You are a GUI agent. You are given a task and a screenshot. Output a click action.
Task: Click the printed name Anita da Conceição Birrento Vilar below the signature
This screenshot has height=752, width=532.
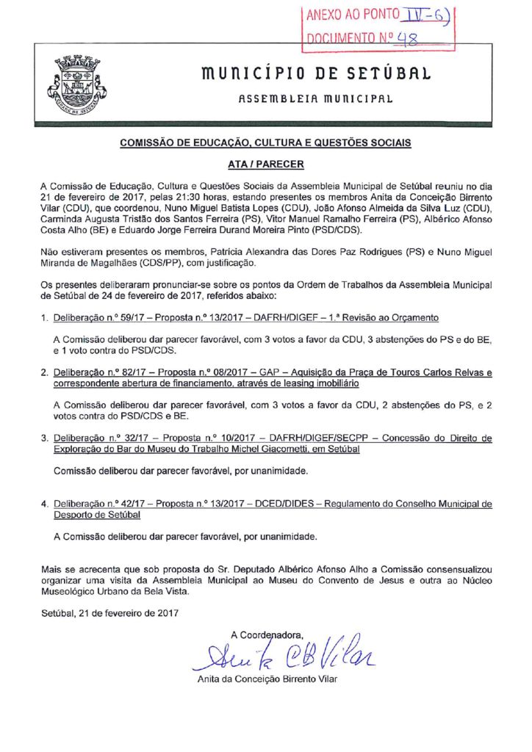267,679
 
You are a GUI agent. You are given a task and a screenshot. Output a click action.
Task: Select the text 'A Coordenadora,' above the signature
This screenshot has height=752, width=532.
266,633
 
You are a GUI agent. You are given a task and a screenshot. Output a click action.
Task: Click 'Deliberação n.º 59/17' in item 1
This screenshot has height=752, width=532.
94,318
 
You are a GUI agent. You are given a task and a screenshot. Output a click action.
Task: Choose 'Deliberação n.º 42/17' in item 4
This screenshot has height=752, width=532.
94,505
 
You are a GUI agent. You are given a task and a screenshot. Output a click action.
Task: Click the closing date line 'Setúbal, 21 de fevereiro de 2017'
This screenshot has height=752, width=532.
109,612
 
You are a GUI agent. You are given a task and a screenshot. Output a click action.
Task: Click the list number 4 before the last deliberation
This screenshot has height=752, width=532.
45,505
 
